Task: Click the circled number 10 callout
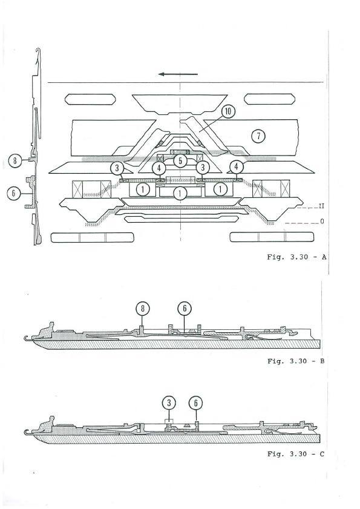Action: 228,111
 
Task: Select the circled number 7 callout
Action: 258,136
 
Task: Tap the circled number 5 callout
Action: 180,160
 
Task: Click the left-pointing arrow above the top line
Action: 178,74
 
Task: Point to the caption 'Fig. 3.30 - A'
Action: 296,257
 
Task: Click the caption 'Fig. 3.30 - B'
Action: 296,361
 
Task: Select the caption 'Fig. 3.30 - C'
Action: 296,454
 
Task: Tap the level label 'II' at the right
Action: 321,206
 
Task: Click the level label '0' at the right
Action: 322,222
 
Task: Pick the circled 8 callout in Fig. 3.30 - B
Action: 143,309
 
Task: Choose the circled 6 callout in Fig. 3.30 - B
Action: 185,308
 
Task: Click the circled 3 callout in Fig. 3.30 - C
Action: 169,403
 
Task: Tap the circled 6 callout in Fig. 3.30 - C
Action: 196,403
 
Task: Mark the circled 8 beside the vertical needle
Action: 15,160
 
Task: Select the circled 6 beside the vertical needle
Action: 14,194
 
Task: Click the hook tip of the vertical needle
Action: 38,50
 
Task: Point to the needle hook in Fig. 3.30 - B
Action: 27,338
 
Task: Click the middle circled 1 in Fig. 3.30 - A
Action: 180,194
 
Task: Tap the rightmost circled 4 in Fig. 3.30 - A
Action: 237,167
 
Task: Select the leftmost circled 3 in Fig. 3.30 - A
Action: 117,168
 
